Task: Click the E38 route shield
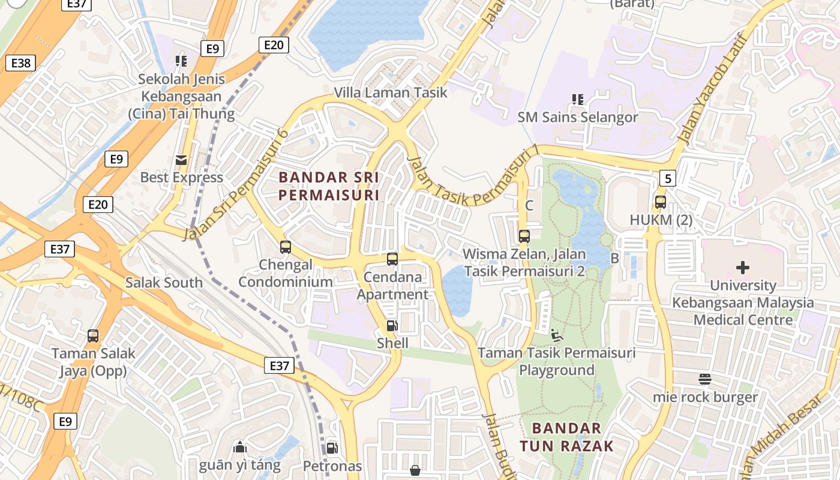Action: click(20, 62)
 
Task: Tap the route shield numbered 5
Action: click(667, 178)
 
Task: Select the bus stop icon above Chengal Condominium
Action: click(286, 247)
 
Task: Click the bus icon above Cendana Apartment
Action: click(392, 259)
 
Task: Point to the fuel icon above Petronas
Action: click(332, 448)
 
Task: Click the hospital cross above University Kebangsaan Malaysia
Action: click(743, 268)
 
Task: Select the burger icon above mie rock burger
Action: click(705, 379)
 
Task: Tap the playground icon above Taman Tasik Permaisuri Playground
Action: click(557, 335)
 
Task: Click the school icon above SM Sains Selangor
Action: click(578, 99)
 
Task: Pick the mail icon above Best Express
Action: click(181, 160)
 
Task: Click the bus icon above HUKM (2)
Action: click(661, 202)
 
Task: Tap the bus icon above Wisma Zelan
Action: click(524, 236)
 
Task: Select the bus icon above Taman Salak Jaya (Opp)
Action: click(93, 336)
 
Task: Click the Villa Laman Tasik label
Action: click(391, 92)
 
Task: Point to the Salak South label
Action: click(164, 283)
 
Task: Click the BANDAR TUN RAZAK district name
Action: click(567, 437)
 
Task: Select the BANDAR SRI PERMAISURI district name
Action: click(329, 186)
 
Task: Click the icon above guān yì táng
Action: click(240, 447)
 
